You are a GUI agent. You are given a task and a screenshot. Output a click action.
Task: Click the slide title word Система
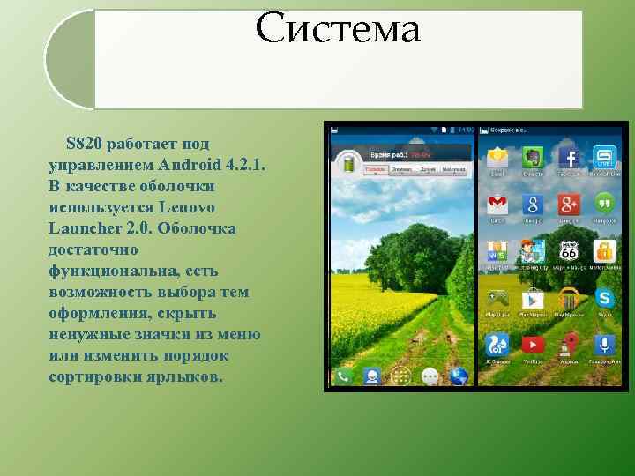[339, 29]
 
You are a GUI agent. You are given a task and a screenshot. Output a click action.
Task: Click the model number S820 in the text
[84, 143]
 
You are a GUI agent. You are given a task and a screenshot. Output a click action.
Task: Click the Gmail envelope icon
[497, 205]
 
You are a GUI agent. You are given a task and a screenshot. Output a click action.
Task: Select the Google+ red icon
[569, 205]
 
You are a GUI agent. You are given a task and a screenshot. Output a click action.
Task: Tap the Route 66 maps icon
[569, 251]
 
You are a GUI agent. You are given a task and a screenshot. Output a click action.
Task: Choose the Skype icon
[604, 298]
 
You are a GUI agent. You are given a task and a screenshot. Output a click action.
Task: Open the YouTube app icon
[533, 345]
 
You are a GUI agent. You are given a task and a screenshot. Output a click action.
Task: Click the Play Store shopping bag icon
[533, 298]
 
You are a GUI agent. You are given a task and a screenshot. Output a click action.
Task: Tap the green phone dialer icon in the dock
[344, 376]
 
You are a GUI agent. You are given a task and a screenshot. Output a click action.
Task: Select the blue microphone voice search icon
[604, 345]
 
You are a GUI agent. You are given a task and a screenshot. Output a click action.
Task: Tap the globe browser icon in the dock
[458, 376]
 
